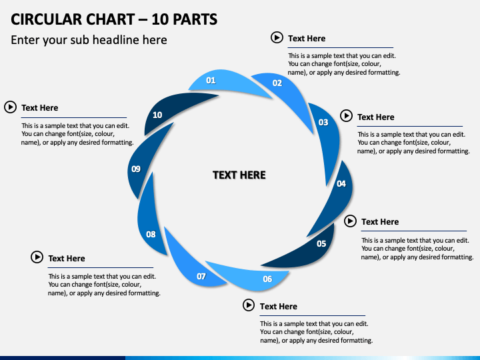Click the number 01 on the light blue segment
pyautogui.click(x=211, y=81)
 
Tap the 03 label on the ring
pyautogui.click(x=323, y=123)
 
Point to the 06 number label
pyautogui.click(x=267, y=279)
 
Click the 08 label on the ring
pyautogui.click(x=151, y=235)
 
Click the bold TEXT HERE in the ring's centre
pyautogui.click(x=239, y=175)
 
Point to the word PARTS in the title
pyautogui.click(x=195, y=19)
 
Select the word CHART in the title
pyautogui.click(x=110, y=19)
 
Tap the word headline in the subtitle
pyautogui.click(x=116, y=40)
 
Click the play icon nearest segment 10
pyautogui.click(x=11, y=107)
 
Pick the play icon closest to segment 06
pyautogui.click(x=249, y=305)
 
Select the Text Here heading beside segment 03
pyautogui.click(x=375, y=117)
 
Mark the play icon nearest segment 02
pyautogui.click(x=277, y=37)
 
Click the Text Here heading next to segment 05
pyautogui.click(x=380, y=222)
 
